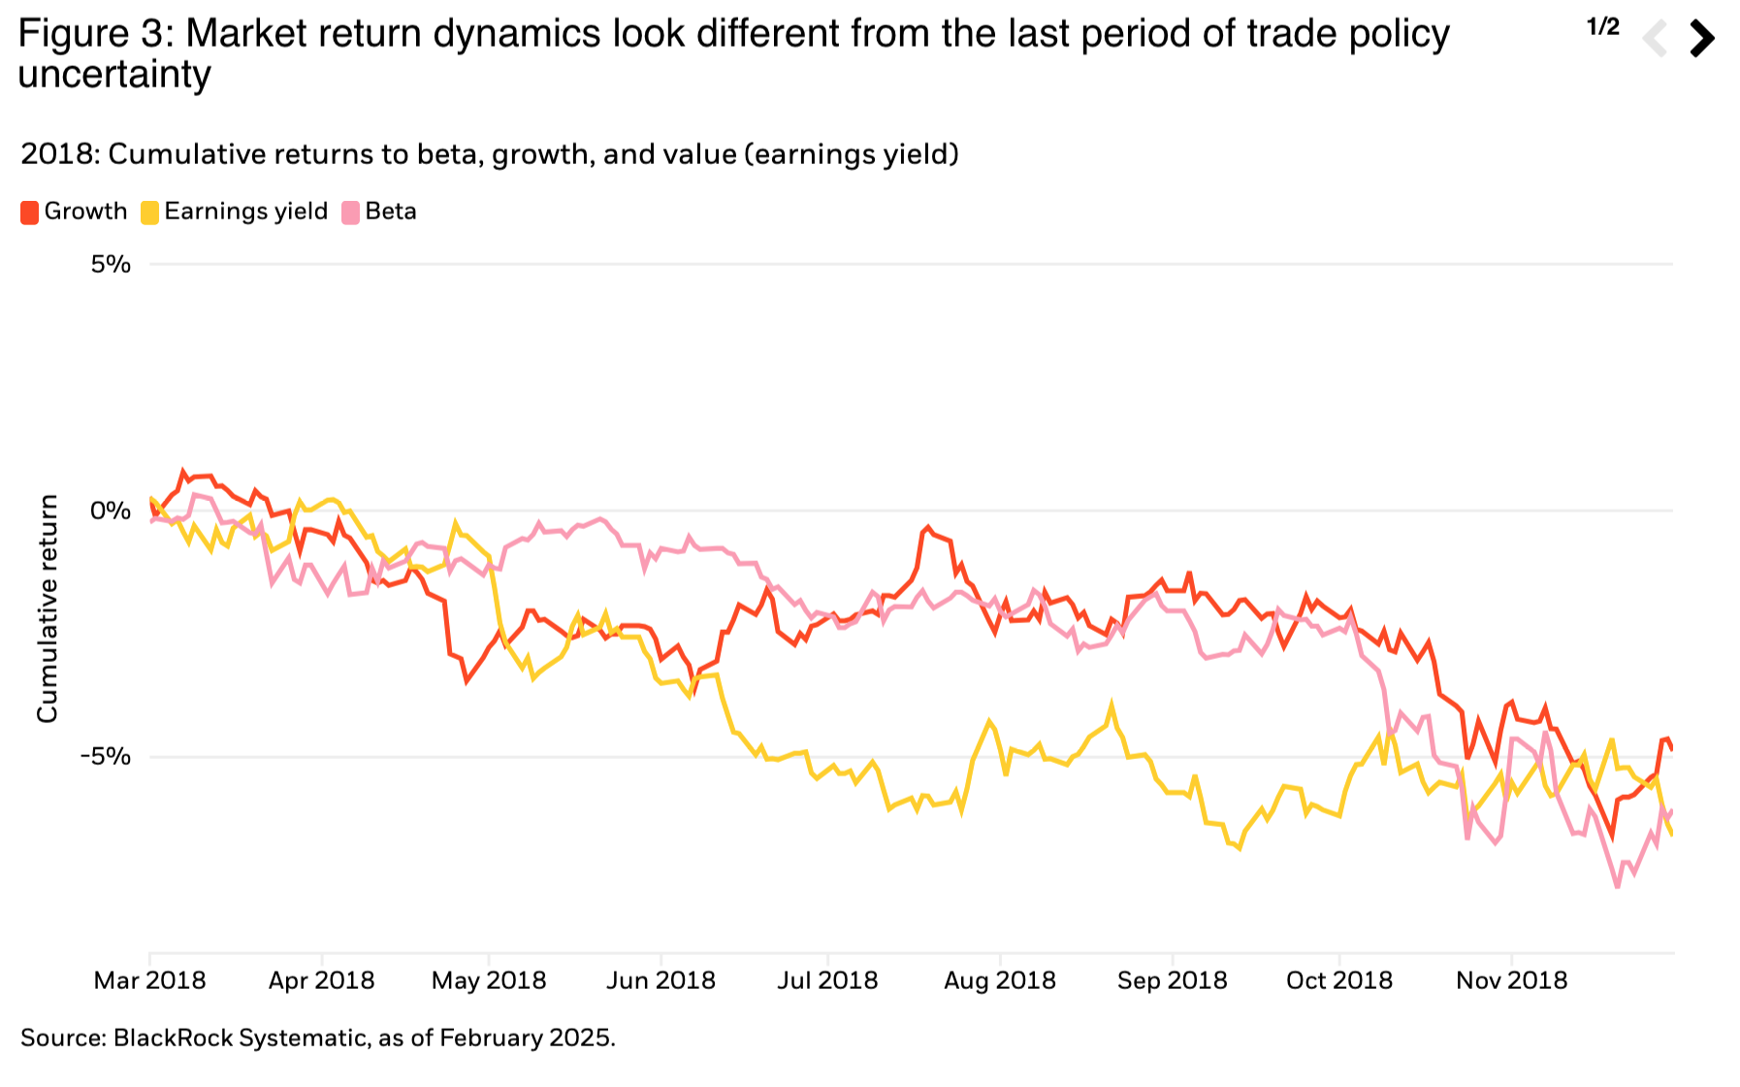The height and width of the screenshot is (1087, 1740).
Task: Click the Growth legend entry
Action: tap(75, 212)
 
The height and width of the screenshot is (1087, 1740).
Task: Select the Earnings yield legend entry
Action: tap(235, 212)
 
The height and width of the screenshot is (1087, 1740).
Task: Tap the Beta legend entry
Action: tap(379, 212)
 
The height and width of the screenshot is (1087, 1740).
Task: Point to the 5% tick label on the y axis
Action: tap(111, 264)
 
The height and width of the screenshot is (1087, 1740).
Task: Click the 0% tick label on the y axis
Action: tap(111, 511)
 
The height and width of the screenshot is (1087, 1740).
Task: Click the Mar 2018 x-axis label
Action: tap(149, 980)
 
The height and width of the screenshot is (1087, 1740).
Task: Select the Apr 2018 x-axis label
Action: tap(321, 980)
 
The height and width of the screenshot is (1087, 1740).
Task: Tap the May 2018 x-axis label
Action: tap(489, 980)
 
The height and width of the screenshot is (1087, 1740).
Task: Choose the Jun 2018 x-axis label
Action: tap(661, 980)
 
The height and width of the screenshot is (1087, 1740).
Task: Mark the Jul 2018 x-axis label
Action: tap(827, 980)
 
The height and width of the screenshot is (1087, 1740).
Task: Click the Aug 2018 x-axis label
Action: tap(1000, 980)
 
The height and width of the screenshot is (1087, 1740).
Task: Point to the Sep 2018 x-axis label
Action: tap(1172, 980)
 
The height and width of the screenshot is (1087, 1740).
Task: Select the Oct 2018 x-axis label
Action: tap(1338, 980)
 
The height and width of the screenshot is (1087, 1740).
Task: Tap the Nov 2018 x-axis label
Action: tap(1511, 980)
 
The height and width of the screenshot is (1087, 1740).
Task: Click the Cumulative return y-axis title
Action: tap(48, 609)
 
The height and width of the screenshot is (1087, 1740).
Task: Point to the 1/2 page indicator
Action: tap(1603, 27)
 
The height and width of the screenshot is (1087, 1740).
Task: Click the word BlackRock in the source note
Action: tap(172, 1038)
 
